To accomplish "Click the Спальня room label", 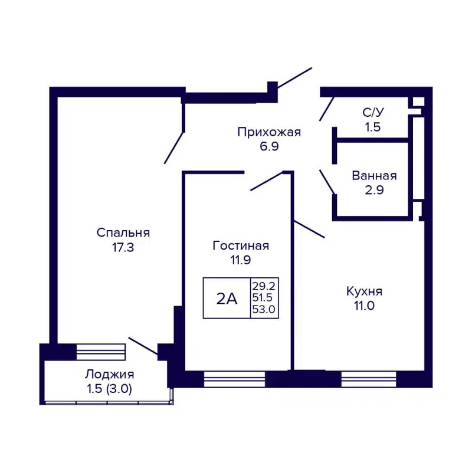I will [123, 233].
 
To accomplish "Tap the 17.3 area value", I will [123, 248].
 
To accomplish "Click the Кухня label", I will [365, 291].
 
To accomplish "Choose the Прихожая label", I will [269, 132].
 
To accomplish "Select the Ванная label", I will [374, 176].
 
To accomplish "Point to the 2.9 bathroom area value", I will [374, 189].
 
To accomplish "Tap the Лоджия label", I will [110, 375].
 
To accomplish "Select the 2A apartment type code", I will [227, 299].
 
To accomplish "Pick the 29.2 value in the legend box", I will [264, 285].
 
